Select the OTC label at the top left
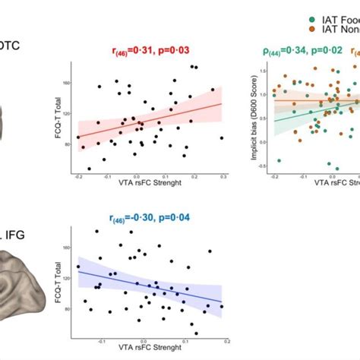(x=10, y=46)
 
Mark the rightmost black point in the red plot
(x=222, y=138)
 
